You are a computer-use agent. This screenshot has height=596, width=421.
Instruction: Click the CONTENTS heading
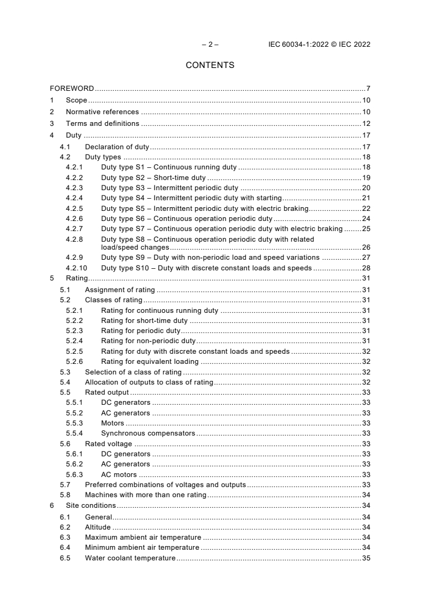pyautogui.click(x=210, y=65)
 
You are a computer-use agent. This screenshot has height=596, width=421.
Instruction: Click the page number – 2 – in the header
pyautogui.click(x=210, y=45)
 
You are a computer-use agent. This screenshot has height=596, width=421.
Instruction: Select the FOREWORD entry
pyautogui.click(x=72, y=88)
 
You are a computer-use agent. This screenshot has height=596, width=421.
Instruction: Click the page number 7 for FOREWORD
pyautogui.click(x=368, y=88)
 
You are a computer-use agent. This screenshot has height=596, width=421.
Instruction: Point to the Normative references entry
pyautogui.click(x=102, y=112)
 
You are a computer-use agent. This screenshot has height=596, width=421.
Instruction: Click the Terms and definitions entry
pyautogui.click(x=102, y=124)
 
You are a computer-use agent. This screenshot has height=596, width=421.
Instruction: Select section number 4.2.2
pyautogui.click(x=74, y=178)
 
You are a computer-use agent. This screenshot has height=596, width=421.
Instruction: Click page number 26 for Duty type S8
pyautogui.click(x=366, y=247)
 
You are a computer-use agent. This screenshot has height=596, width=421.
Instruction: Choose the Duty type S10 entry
pyautogui.click(x=206, y=268)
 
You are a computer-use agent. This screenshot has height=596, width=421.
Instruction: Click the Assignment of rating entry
pyautogui.click(x=120, y=290)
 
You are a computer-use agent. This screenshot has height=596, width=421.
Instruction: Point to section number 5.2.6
pyautogui.click(x=74, y=362)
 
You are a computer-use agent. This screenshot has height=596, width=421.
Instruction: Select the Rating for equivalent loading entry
pyautogui.click(x=150, y=362)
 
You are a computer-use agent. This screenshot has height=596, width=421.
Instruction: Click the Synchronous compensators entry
pyautogui.click(x=148, y=433)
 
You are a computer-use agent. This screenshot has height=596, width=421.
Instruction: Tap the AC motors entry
pyautogui.click(x=119, y=474)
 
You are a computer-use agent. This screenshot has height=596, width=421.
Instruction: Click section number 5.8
pyautogui.click(x=65, y=495)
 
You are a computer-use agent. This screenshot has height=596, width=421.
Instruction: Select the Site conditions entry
pyautogui.click(x=91, y=506)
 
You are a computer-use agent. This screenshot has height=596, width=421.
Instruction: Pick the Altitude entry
pyautogui.click(x=98, y=527)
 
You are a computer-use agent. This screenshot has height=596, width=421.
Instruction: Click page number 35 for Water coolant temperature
pyautogui.click(x=366, y=558)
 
